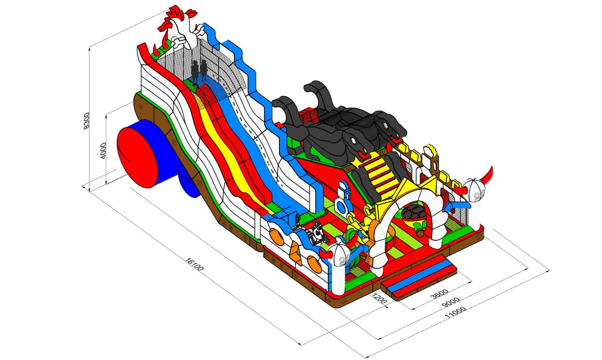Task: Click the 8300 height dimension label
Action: (x=87, y=121)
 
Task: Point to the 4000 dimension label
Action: (x=103, y=151)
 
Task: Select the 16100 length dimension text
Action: (x=195, y=264)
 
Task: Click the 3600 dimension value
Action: (x=439, y=294)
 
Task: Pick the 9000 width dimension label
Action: (x=451, y=302)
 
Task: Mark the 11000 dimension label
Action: (x=455, y=312)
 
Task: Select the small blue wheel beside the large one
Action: (x=189, y=182)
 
